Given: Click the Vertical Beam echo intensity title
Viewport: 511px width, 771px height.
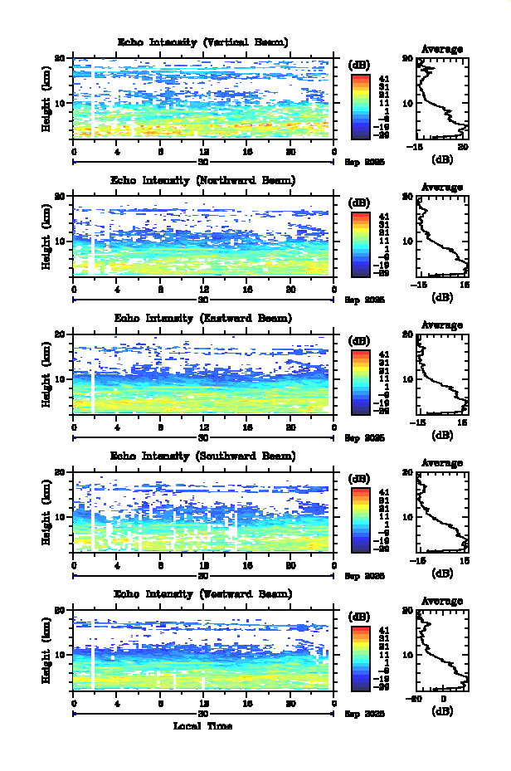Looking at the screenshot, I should (x=203, y=41).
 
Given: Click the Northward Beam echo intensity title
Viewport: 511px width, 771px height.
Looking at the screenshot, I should (x=203, y=179).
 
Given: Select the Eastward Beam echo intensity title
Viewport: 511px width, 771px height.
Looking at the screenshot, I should (x=203, y=318).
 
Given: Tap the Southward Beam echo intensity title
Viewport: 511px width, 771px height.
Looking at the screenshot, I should (x=203, y=456).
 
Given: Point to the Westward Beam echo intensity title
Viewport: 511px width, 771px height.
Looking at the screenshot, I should (x=203, y=593).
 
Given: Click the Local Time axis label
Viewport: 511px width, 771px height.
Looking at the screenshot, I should (x=203, y=726).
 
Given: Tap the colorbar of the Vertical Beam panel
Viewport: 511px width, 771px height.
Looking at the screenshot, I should (x=359, y=106).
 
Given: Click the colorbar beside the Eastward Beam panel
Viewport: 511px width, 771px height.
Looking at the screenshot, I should (x=359, y=382).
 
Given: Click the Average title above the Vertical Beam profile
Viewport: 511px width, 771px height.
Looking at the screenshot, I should (x=442, y=49).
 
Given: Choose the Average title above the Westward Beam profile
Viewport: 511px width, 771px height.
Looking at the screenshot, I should (x=442, y=601).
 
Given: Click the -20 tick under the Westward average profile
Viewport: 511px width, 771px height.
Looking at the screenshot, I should (x=419, y=699).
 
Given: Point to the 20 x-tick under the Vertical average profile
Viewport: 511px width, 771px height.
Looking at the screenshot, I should (x=465, y=147).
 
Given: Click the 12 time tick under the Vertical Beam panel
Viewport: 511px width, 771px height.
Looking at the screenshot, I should (x=204, y=152).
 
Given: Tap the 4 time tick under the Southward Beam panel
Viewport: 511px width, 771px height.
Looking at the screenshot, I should (x=117, y=565).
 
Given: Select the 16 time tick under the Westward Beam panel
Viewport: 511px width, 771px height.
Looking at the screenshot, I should (x=247, y=703).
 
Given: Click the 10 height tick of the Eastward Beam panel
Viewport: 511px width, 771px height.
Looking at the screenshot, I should (x=61, y=379).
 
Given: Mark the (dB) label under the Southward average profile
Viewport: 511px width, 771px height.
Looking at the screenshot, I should (x=442, y=573).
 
